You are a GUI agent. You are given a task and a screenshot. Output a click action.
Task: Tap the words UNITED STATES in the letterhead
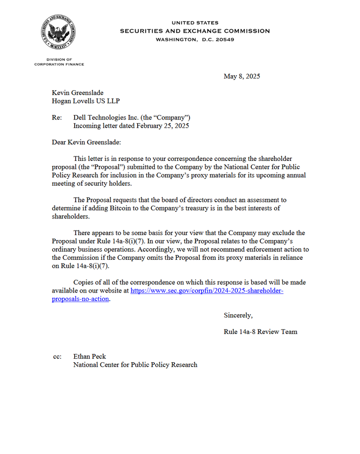point(195,23)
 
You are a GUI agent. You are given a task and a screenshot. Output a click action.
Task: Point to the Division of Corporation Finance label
point(59,62)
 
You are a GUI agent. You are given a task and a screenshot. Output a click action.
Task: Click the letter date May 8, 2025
point(242,77)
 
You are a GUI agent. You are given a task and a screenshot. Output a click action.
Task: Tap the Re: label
point(57,118)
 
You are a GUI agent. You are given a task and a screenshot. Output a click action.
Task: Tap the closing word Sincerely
point(238,315)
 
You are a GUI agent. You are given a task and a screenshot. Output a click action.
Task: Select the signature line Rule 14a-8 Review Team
point(260,331)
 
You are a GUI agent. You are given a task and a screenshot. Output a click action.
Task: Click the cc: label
point(57,357)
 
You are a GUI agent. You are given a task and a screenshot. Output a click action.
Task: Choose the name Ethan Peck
point(89,357)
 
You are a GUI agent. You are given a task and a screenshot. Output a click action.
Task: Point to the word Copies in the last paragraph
point(84,282)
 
